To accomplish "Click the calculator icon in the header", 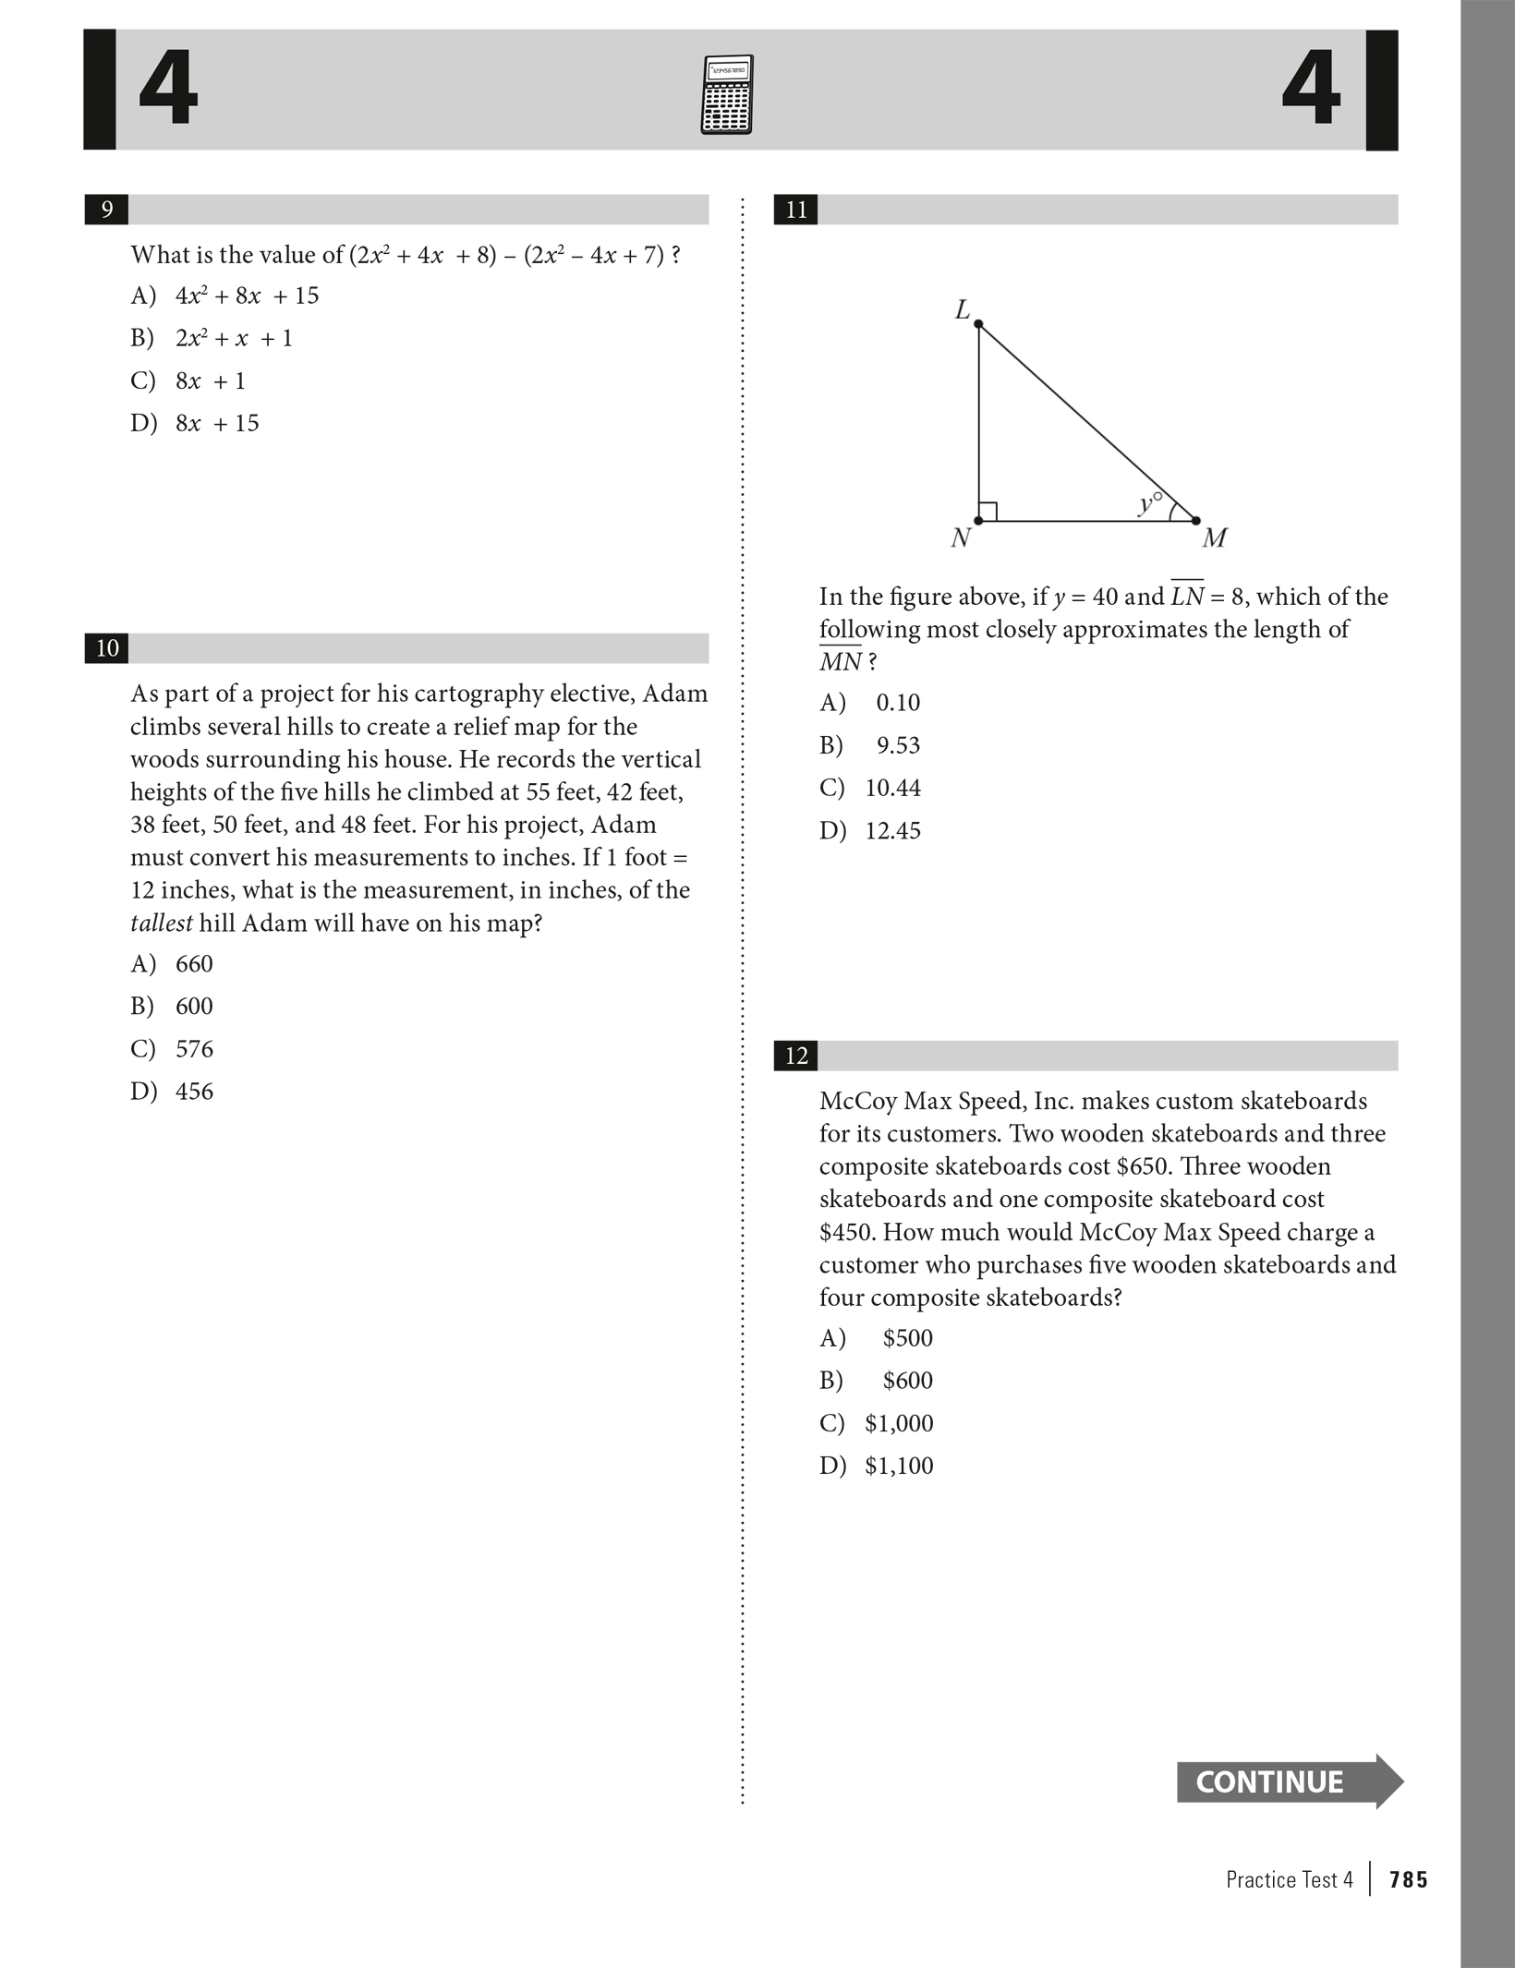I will (x=726, y=94).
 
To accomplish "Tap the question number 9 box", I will (x=106, y=210).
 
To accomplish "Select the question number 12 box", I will (x=795, y=1056).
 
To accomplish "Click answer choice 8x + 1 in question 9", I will (x=210, y=380).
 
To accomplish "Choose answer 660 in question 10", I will (x=194, y=964).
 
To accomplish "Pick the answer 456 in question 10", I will (x=194, y=1092).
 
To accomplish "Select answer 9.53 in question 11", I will (x=898, y=745).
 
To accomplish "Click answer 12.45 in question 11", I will (x=892, y=830).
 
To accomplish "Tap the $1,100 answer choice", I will (x=899, y=1466).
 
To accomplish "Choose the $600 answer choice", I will (x=907, y=1381).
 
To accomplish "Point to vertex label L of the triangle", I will (x=962, y=310).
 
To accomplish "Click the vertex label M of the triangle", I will (x=1214, y=537).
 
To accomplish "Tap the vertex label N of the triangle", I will (x=960, y=537).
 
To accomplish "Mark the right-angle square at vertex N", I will (x=988, y=512).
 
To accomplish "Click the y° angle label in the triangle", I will (x=1149, y=503).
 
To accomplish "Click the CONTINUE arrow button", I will (x=1289, y=1781).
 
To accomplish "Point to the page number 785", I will (x=1408, y=1879).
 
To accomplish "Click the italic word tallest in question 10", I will (x=161, y=924).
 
